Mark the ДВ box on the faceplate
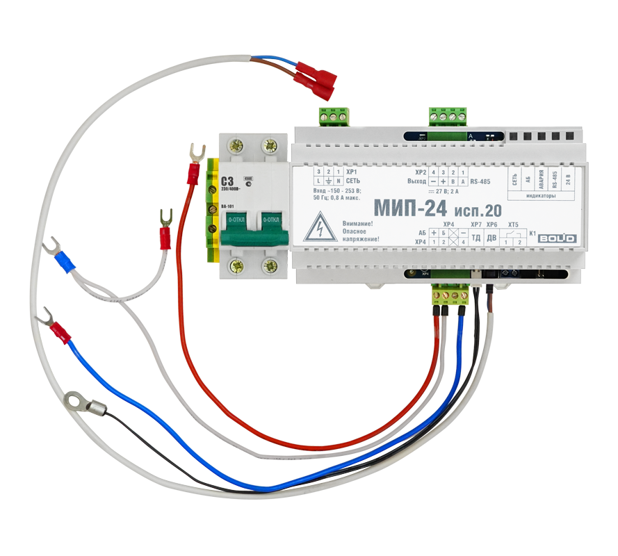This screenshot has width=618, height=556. (x=491, y=238)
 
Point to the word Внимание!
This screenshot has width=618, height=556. (x=358, y=222)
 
